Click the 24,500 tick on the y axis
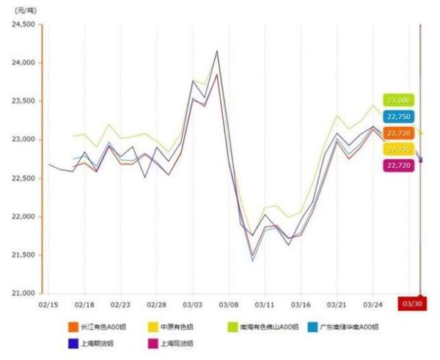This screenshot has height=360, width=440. click(x=23, y=24)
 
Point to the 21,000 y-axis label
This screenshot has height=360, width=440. click(x=23, y=293)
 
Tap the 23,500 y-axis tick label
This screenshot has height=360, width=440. click(x=23, y=101)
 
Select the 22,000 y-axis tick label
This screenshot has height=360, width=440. click(x=23, y=217)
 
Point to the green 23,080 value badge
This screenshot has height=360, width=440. click(x=398, y=100)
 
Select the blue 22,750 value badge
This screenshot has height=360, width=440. click(x=398, y=116)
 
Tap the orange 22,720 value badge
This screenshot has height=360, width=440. click(x=398, y=133)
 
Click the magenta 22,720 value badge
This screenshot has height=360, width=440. click(x=398, y=165)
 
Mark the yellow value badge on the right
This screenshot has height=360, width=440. click(x=398, y=149)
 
